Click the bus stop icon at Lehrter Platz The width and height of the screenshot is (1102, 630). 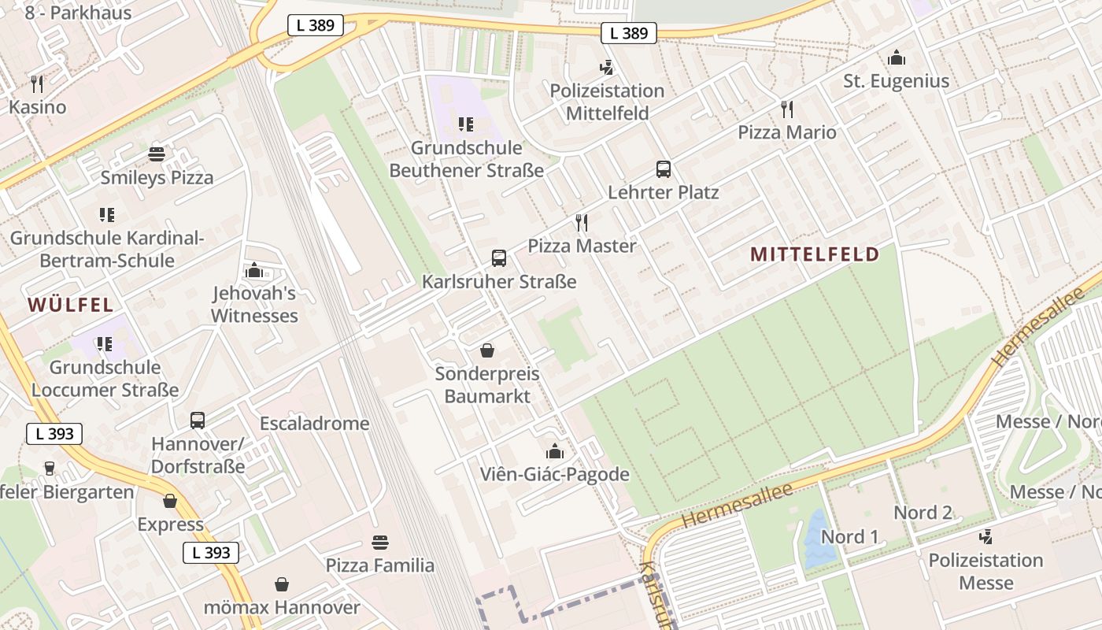pyautogui.click(x=664, y=169)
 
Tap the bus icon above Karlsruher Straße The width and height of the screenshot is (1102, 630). pyautogui.click(x=498, y=258)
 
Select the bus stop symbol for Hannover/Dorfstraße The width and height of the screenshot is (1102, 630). pyautogui.click(x=198, y=421)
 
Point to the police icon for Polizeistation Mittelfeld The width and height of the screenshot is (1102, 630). pyautogui.click(x=606, y=68)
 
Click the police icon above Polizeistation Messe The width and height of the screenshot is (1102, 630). pyautogui.click(x=986, y=537)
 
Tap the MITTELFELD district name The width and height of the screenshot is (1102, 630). pyautogui.click(x=815, y=254)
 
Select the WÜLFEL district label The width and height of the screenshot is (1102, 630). pyautogui.click(x=71, y=305)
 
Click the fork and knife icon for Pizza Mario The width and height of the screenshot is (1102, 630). pyautogui.click(x=786, y=109)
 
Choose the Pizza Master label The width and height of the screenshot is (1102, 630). pyautogui.click(x=582, y=246)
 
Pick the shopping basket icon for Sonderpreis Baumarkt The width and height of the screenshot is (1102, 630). pyautogui.click(x=487, y=350)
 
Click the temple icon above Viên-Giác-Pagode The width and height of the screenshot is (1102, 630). pyautogui.click(x=555, y=451)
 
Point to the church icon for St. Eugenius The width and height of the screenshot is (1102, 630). pyautogui.click(x=896, y=57)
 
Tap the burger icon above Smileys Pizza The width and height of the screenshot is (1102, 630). pyautogui.click(x=157, y=154)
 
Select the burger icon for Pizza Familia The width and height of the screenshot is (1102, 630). pyautogui.click(x=380, y=542)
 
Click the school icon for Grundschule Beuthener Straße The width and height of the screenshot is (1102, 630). pyautogui.click(x=466, y=124)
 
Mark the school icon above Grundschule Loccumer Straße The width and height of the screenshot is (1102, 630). pyautogui.click(x=105, y=344)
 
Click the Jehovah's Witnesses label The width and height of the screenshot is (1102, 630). pyautogui.click(x=254, y=305)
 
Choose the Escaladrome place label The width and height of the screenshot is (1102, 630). pyautogui.click(x=314, y=423)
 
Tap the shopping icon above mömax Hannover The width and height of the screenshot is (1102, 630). pyautogui.click(x=282, y=584)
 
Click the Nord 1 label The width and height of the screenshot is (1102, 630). pyautogui.click(x=849, y=537)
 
